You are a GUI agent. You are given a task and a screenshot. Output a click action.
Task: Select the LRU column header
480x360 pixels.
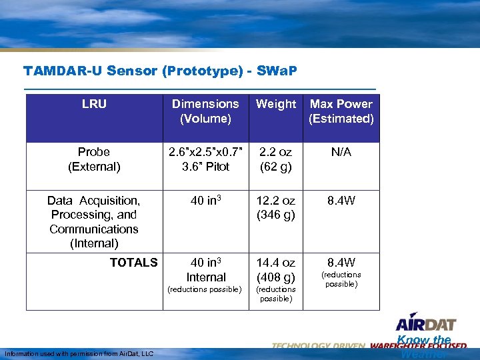94,104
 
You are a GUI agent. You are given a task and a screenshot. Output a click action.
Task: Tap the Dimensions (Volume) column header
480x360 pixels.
205,111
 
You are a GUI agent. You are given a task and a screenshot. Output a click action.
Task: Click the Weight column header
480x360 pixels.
275,104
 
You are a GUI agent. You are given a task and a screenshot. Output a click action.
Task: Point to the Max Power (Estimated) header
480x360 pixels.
341,111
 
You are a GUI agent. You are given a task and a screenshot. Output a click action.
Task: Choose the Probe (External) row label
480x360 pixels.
94,159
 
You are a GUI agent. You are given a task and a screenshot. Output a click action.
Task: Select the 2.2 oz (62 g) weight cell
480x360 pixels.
276,159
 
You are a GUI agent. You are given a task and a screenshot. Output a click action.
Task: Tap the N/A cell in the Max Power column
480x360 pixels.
341,152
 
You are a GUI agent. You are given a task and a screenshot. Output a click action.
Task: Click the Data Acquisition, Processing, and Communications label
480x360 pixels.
94,221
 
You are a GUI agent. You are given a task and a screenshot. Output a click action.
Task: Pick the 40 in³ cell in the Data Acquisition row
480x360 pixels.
205,201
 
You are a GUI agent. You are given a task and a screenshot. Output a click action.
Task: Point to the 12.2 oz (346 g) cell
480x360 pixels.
276,207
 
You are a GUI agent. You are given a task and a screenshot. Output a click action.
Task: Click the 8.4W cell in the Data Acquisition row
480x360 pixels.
341,201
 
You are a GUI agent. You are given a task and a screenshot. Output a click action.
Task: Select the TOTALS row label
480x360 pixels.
133,263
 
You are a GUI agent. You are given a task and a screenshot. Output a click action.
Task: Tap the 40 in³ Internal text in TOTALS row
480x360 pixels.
205,269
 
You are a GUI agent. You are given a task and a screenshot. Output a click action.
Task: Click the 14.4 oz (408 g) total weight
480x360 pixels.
276,269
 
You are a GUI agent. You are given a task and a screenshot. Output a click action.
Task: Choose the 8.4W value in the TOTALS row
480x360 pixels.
341,263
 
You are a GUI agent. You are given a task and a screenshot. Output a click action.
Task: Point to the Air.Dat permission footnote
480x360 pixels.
79,353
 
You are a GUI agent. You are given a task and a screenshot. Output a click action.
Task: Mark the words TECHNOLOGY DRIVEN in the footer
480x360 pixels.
319,346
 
